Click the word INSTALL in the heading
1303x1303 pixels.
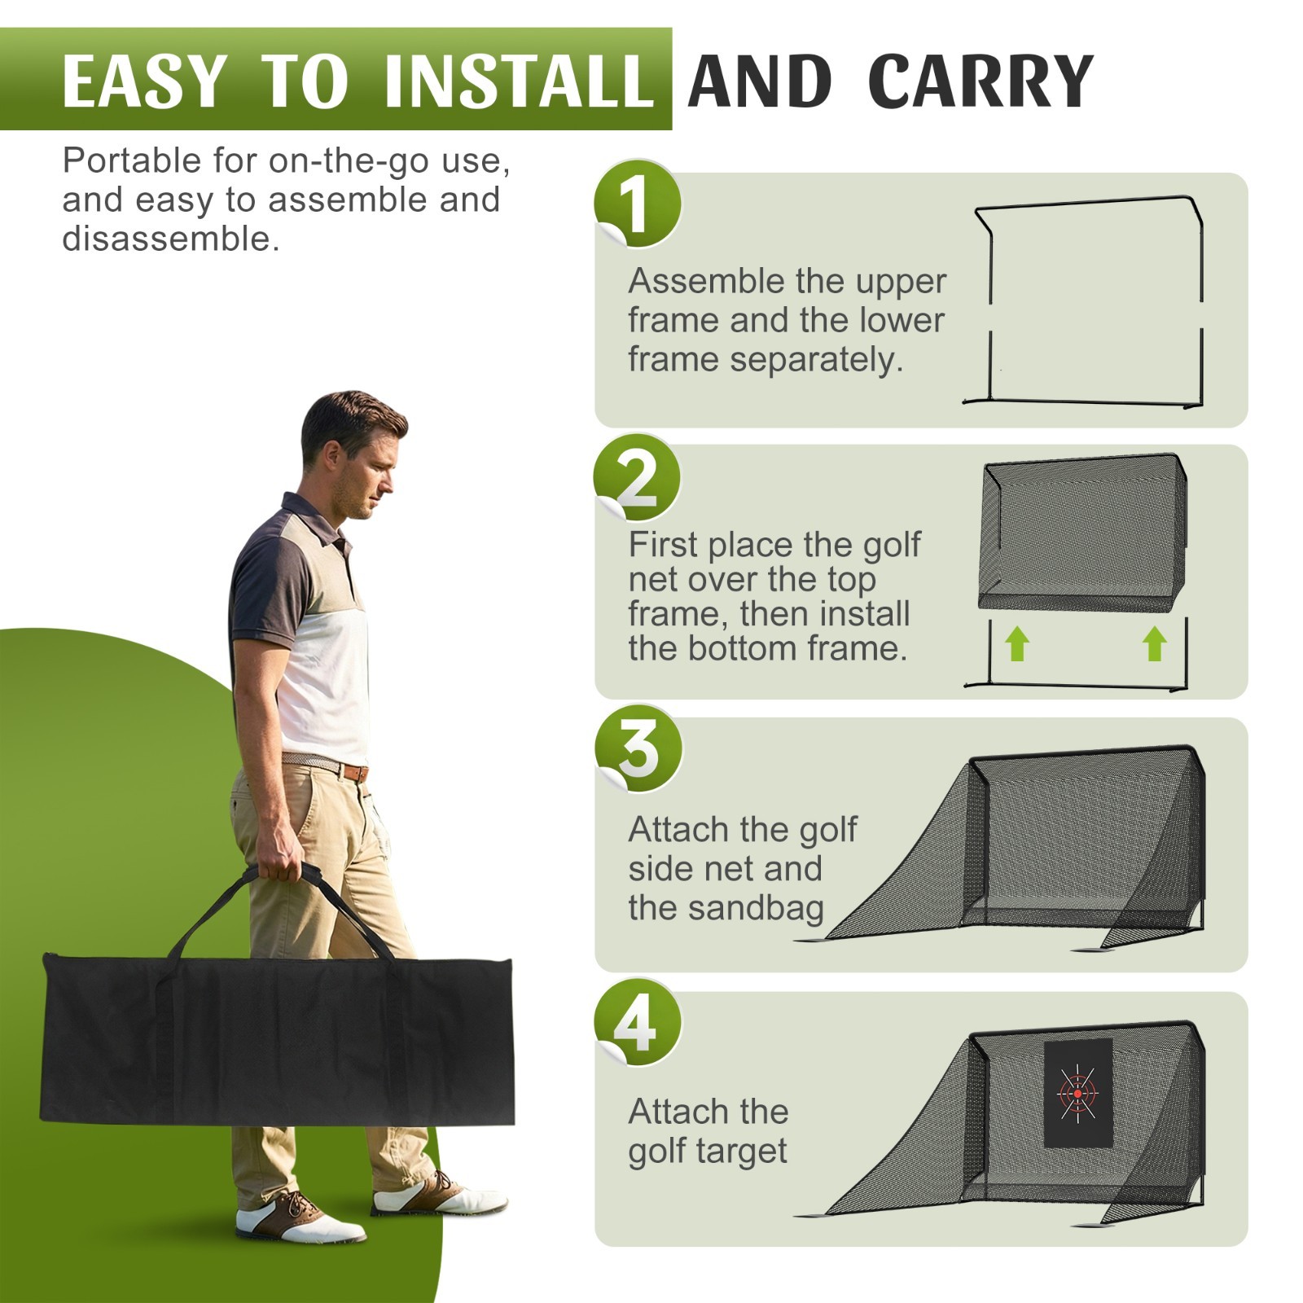pos(519,81)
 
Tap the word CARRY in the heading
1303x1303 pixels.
pos(981,81)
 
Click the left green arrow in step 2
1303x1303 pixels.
pos(1017,644)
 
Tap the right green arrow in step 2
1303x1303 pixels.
pos(1155,644)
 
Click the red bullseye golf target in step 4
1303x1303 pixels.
pos(1078,1093)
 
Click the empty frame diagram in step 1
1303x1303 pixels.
pos(1083,301)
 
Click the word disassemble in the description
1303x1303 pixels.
pos(171,239)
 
